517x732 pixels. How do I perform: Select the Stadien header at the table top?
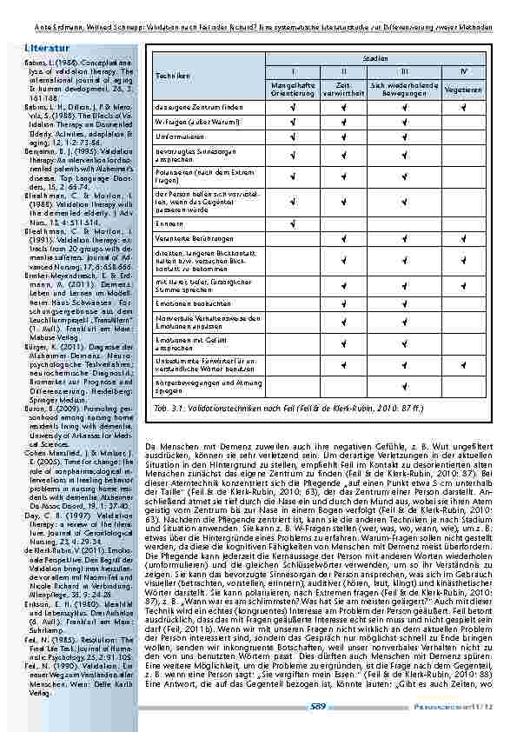375,57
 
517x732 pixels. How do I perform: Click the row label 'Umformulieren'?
180,136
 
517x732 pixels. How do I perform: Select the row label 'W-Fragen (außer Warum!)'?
191,122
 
